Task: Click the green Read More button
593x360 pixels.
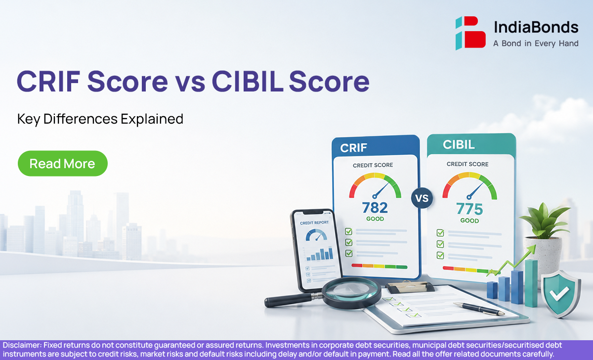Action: [62, 164]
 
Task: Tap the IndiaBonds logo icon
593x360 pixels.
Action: [470, 33]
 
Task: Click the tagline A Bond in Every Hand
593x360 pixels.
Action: [536, 44]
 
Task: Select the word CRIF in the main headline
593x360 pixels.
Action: [49, 81]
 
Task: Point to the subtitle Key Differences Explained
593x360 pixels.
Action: [100, 119]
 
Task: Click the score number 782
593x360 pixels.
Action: [375, 208]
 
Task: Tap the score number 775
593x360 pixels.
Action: [469, 209]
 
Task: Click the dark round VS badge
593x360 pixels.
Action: [422, 198]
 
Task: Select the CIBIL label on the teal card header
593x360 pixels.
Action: [459, 144]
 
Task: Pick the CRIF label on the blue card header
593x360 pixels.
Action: [353, 148]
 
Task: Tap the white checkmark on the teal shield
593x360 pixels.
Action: [559, 293]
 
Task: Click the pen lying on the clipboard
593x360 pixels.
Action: [479, 309]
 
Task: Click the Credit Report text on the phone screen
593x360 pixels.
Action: [314, 223]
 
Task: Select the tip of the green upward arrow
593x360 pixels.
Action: [536, 245]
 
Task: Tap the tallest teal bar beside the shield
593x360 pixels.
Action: [531, 283]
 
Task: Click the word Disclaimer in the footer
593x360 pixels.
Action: [22, 345]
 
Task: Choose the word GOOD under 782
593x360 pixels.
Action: [375, 219]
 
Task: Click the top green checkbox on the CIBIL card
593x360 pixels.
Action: [440, 233]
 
